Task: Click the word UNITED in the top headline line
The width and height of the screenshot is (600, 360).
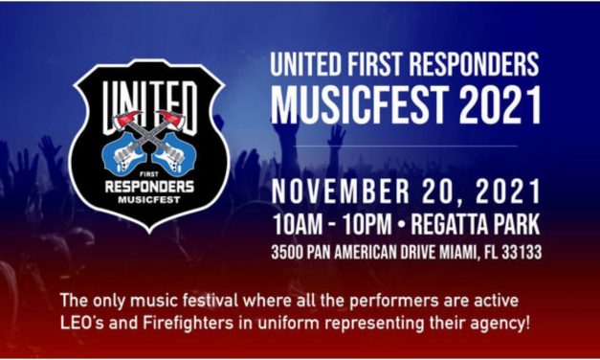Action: coord(307,65)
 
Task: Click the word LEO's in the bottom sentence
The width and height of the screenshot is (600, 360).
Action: coord(75,321)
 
